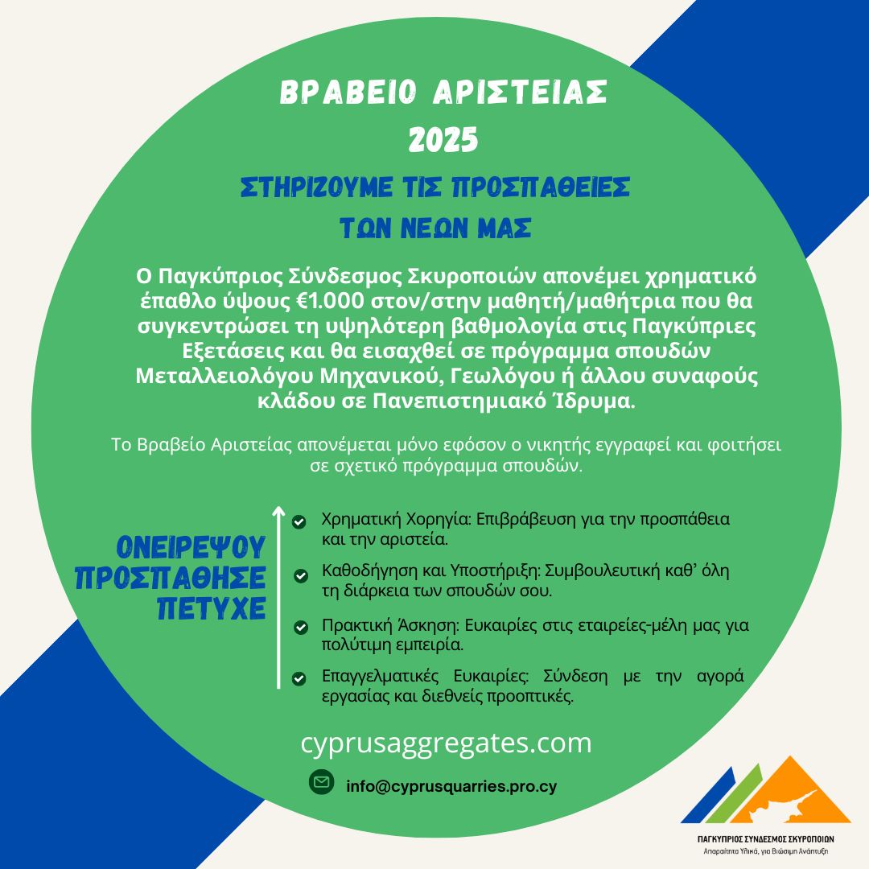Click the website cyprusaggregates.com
[446, 743]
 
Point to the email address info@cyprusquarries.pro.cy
[451, 786]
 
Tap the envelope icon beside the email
[322, 782]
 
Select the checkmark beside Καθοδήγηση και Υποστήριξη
[300, 575]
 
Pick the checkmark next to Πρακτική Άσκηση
[301, 627]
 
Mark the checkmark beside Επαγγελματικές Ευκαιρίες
[299, 678]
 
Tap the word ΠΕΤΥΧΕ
[212, 609]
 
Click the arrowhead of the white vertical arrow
[278, 512]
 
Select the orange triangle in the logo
[805, 797]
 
